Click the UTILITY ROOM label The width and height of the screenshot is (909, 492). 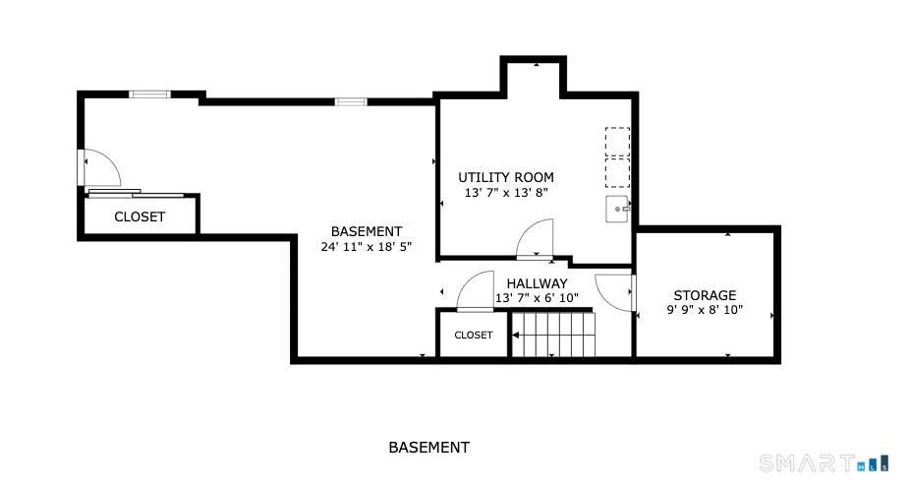tap(505, 177)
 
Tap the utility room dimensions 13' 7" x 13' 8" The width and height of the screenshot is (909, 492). tap(505, 194)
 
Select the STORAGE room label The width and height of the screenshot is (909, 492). tap(704, 295)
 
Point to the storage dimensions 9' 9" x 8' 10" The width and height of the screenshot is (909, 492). tap(704, 311)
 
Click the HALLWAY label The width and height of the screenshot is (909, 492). tap(538, 283)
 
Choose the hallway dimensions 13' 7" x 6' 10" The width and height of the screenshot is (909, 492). tap(537, 298)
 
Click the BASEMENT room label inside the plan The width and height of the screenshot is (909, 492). tap(366, 231)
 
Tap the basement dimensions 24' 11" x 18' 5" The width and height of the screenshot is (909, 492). tap(366, 247)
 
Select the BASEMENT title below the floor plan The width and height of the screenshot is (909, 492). tap(428, 447)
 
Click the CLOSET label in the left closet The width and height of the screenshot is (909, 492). tap(140, 216)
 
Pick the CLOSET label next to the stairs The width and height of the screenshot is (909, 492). tap(473, 336)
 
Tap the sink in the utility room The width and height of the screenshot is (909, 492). tap(617, 208)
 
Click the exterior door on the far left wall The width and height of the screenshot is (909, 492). tap(98, 168)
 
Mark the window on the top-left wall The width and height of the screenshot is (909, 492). tap(149, 94)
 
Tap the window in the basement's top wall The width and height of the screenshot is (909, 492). tap(350, 101)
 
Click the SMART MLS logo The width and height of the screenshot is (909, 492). tap(824, 462)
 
